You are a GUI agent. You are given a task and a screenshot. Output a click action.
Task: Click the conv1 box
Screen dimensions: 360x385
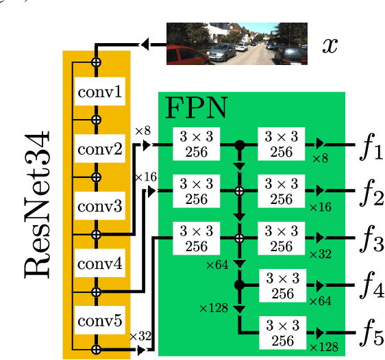coord(100,91)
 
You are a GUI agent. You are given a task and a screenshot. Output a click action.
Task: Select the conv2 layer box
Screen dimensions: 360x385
coord(100,149)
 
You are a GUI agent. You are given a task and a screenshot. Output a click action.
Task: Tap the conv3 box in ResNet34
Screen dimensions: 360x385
coord(100,206)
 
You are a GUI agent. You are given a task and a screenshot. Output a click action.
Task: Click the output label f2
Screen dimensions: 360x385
coord(369,193)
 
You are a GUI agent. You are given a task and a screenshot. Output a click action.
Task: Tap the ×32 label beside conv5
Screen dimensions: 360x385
coord(140,336)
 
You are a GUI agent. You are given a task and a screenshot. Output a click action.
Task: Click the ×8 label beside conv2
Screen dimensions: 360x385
coord(142,130)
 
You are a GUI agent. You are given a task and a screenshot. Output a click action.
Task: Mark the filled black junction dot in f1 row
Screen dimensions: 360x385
coord(240,145)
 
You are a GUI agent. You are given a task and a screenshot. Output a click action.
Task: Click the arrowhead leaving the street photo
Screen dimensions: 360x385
coord(145,44)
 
